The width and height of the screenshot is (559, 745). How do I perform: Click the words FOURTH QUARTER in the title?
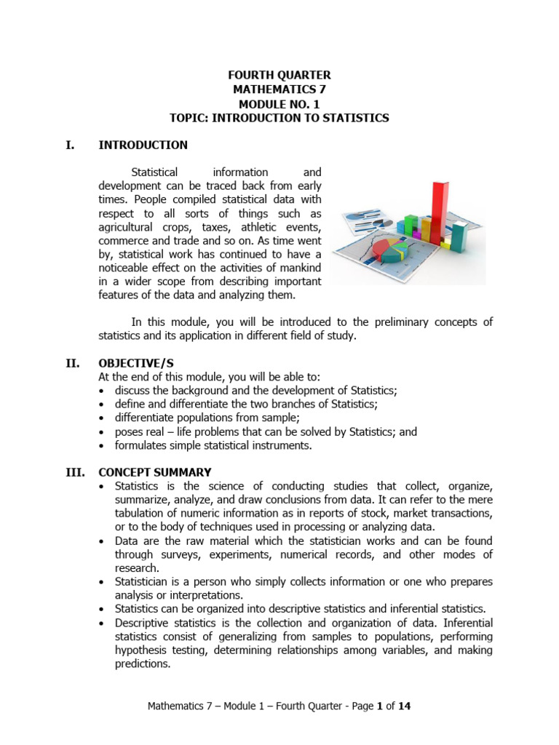point(279,76)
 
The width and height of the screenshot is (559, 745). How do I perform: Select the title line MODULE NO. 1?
point(279,104)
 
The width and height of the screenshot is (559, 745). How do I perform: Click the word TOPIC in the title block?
point(189,118)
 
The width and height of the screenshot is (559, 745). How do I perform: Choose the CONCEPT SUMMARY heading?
point(155,472)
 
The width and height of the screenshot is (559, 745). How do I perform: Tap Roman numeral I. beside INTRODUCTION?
point(70,145)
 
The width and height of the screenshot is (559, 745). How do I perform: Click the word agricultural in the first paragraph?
point(128,227)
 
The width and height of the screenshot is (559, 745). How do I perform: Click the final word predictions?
point(143,664)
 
